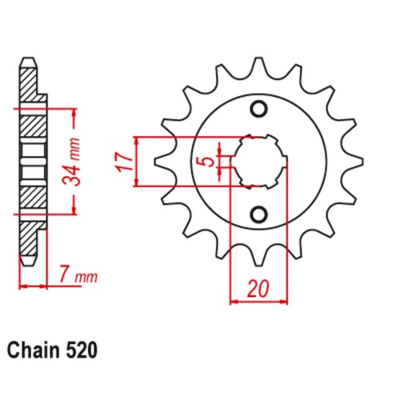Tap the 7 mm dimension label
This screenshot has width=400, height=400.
(x=77, y=277)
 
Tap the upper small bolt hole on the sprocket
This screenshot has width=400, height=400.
(x=258, y=110)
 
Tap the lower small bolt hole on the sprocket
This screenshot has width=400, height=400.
(x=258, y=213)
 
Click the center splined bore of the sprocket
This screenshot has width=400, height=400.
(x=258, y=161)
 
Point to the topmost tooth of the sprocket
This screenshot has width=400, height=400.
(x=258, y=66)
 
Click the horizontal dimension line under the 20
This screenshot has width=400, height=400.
(x=258, y=302)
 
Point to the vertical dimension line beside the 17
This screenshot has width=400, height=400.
(x=140, y=161)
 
